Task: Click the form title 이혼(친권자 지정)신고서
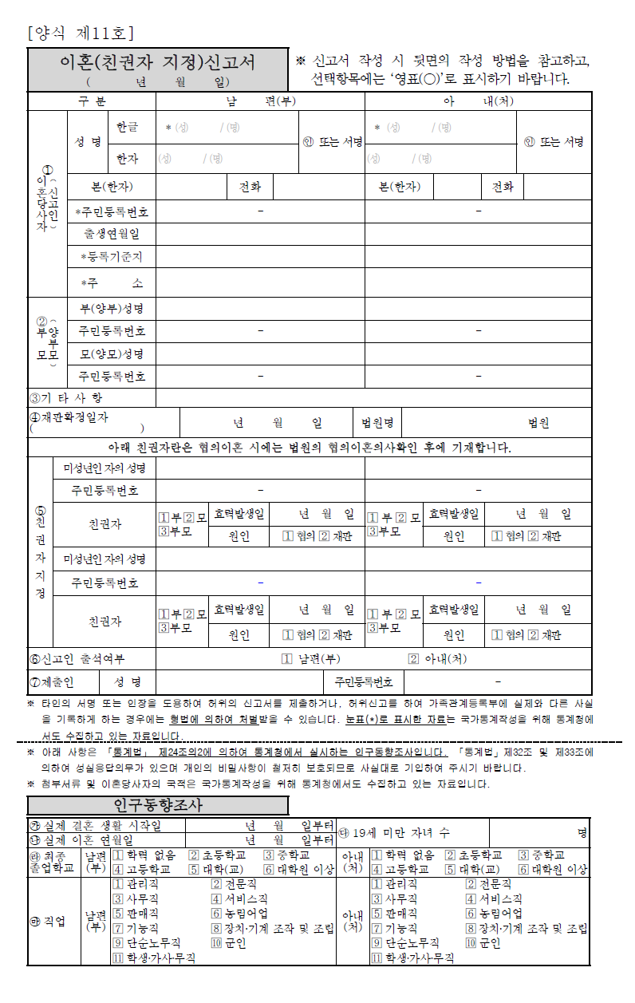pos(158,62)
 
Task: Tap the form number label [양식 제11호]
pos(81,34)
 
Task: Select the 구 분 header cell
pos(92,102)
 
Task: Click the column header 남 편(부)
pos(260,102)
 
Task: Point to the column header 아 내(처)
pos(478,102)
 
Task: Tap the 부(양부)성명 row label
pos(111,309)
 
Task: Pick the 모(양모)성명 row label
pos(111,353)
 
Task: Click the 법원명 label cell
pos(377,423)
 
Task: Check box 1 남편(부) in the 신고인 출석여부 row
pos(287,659)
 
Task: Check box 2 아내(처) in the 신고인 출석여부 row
pos(413,659)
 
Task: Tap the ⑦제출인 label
pos(52,682)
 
